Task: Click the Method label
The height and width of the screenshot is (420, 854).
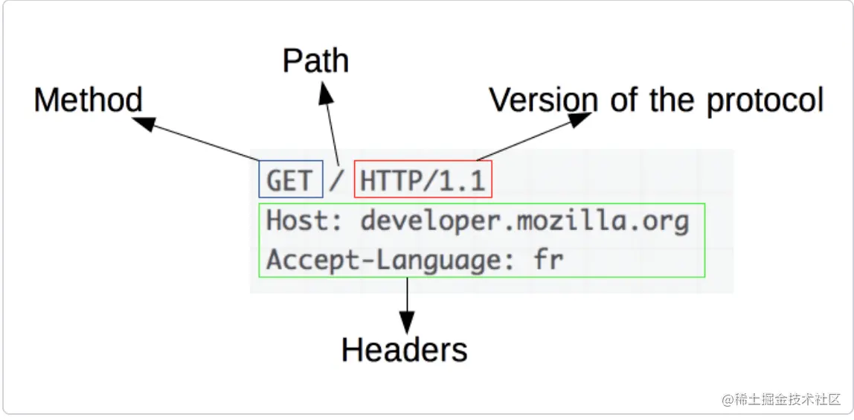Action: click(88, 101)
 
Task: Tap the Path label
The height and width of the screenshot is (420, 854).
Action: click(315, 61)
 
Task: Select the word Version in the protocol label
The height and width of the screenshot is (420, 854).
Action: click(543, 100)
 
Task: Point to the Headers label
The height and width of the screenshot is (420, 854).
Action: click(404, 349)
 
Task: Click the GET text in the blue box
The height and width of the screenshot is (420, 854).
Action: click(289, 181)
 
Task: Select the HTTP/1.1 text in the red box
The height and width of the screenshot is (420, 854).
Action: click(423, 181)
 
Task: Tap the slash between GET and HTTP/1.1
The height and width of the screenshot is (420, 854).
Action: click(338, 181)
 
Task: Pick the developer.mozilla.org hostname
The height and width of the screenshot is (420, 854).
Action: click(524, 222)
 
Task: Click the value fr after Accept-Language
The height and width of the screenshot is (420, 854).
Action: click(548, 261)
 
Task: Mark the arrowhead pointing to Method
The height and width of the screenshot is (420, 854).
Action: click(147, 124)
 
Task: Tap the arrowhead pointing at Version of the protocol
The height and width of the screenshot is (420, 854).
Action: click(579, 119)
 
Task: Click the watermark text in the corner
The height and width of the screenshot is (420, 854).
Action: click(780, 399)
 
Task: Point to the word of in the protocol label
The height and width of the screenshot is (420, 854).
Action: click(623, 100)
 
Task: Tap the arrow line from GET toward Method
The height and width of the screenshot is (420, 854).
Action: click(208, 141)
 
